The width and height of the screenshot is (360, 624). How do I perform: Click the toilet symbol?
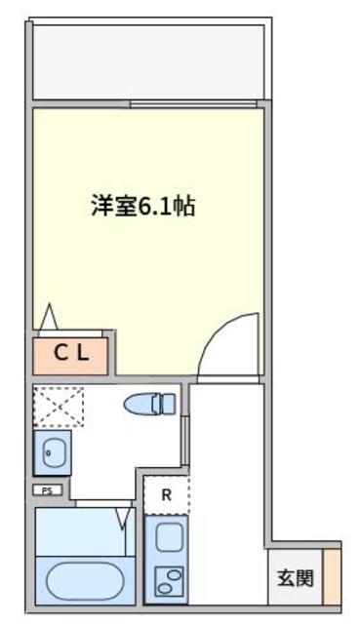tap(150, 403)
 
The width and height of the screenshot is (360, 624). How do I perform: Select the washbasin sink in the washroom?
tap(53, 452)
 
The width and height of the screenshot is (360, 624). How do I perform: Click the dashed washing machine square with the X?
tap(59, 405)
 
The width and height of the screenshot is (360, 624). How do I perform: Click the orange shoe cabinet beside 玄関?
tap(332, 576)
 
